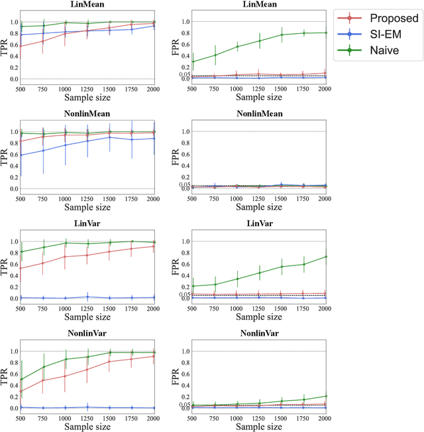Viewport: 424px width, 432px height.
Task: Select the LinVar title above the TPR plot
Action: (x=87, y=224)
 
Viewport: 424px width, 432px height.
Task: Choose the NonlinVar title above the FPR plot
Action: (x=258, y=333)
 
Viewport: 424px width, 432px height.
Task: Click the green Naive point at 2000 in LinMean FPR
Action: (x=325, y=33)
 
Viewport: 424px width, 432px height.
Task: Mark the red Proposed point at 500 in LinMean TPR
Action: (x=21, y=46)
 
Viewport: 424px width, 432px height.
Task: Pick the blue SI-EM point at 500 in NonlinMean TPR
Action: (x=21, y=155)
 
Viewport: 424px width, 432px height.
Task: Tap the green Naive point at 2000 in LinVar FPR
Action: (x=325, y=257)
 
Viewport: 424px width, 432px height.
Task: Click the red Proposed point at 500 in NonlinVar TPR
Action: (x=21, y=391)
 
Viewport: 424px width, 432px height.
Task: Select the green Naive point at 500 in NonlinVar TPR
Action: (x=21, y=380)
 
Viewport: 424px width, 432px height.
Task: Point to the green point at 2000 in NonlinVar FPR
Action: (x=325, y=396)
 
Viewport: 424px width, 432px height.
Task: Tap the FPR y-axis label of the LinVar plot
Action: (x=177, y=269)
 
